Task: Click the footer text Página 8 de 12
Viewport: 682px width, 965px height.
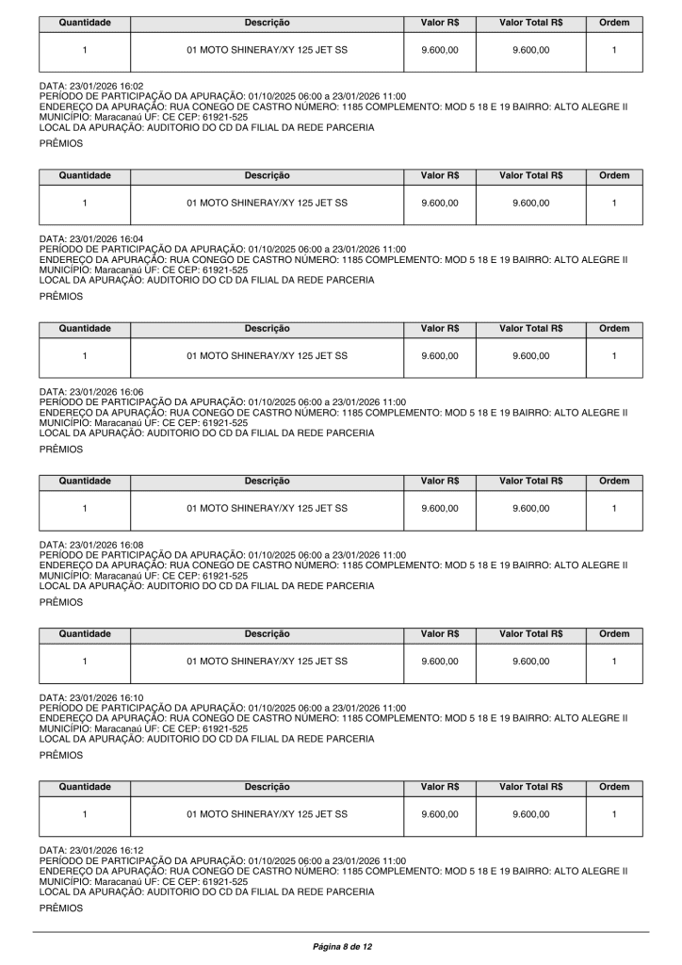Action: pyautogui.click(x=341, y=944)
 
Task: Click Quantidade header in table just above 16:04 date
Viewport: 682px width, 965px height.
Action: pyautogui.click(x=85, y=175)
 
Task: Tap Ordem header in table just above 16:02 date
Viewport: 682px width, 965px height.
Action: pyautogui.click(x=613, y=23)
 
